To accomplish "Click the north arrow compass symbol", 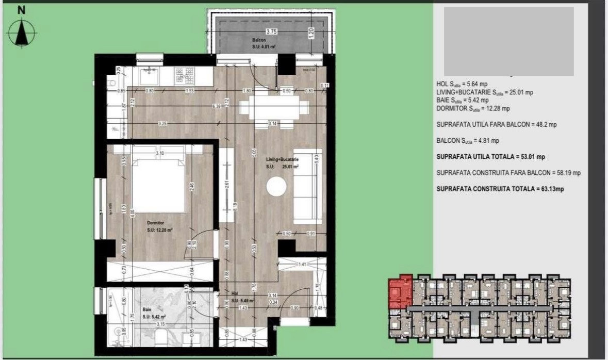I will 21,33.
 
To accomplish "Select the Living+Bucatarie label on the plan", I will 283,161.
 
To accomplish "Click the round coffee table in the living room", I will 276,187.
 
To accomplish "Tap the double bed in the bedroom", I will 159,186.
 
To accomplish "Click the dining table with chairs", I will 270,109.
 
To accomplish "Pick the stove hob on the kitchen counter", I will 186,76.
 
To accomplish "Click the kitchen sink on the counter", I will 149,76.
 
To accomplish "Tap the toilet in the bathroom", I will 161,338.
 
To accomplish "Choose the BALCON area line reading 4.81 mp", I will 467,140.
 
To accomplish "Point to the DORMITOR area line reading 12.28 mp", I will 473,108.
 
